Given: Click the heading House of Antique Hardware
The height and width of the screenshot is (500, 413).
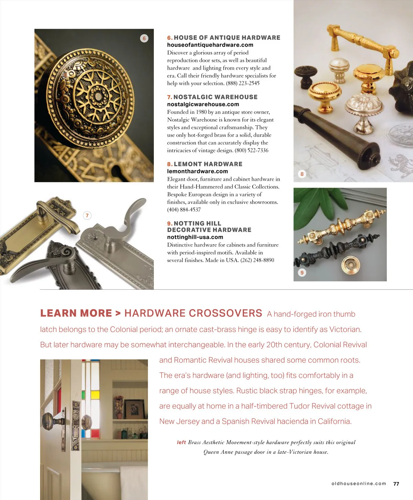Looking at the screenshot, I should (x=227, y=38).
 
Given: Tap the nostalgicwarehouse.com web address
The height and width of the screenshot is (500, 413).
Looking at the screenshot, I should (x=203, y=104).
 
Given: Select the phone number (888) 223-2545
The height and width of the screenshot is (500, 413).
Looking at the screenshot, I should (x=243, y=83).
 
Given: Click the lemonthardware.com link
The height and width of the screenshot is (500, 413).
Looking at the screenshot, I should (x=198, y=171).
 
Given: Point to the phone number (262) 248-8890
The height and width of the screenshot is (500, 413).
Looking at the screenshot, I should (x=257, y=260).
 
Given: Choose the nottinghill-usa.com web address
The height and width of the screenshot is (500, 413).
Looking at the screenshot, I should (x=195, y=237).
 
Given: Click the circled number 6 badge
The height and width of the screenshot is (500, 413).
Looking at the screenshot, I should (x=144, y=38).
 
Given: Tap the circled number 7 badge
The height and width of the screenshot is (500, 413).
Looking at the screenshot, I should (x=87, y=216).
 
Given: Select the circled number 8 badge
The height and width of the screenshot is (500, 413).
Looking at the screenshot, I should (x=302, y=174).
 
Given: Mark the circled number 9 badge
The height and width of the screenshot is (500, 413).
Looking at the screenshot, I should (x=302, y=272).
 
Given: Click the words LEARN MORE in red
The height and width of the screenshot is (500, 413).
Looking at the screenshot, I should (x=76, y=313).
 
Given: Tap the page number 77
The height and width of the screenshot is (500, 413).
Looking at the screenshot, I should (x=396, y=484).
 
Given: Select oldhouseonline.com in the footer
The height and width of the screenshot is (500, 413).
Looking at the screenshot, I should (x=359, y=484).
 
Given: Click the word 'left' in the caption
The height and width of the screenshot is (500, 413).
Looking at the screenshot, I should (x=181, y=442).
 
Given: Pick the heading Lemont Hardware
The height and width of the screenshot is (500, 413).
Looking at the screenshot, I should (x=208, y=164).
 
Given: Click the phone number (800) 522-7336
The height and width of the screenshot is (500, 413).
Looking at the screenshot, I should (x=252, y=150).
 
